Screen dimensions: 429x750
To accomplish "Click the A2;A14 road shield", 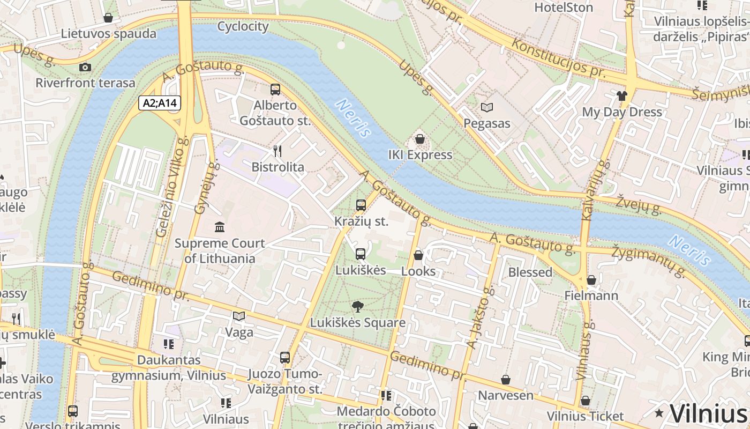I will pos(160,102).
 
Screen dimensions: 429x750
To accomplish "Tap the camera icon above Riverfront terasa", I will pos(85,67).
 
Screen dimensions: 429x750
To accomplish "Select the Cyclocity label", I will pos(243,26).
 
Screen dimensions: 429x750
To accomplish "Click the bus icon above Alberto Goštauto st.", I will pos(275,90).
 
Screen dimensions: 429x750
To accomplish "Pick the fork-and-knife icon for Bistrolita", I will pos(277,151).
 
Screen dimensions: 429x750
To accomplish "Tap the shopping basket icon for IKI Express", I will pos(420,139).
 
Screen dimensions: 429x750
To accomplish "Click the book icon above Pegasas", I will pos(486,108).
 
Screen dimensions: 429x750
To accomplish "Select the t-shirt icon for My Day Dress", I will pos(621,96).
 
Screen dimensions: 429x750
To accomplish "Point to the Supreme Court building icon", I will pos(220,227).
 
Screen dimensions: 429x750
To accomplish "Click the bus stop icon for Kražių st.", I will pos(361,205).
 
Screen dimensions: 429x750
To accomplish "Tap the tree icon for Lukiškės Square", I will pos(357,307).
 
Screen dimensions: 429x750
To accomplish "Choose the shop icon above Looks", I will pos(418,255).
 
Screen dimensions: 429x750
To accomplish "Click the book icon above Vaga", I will pos(239,316).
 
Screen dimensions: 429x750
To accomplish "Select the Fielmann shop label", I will pos(591,295).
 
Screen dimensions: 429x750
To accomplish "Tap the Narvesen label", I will pos(506,395).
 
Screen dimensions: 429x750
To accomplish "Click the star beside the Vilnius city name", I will pos(659,413).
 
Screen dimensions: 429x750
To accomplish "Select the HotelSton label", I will pos(564,8).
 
